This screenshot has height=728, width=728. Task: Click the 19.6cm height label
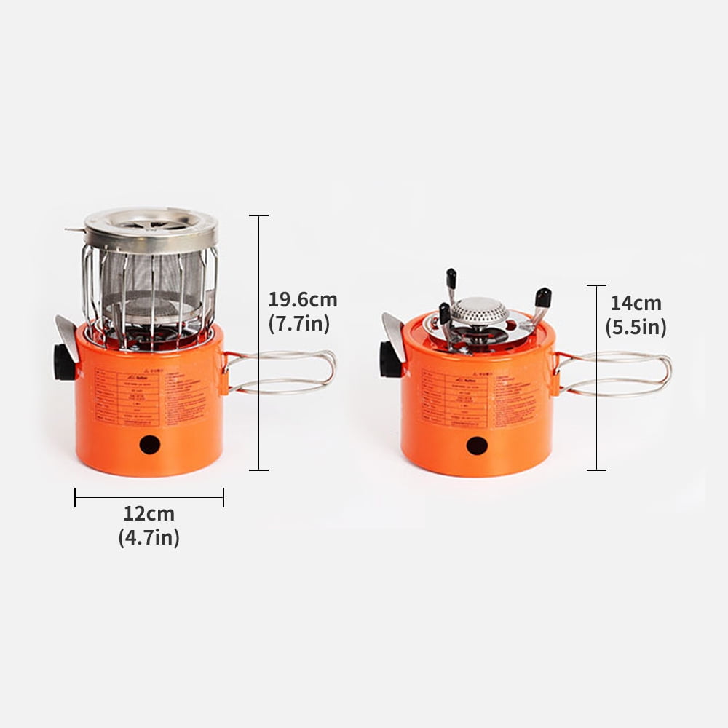[303, 300]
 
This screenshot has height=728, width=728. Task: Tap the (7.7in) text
[299, 324]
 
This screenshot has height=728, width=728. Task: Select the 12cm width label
[149, 513]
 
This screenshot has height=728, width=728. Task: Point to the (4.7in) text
[149, 538]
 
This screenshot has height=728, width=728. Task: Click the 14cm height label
[636, 303]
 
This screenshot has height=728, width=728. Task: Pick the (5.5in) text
[636, 328]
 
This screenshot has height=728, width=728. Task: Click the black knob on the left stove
[63, 362]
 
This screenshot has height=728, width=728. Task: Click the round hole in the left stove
[150, 444]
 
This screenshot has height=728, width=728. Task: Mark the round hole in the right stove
[477, 446]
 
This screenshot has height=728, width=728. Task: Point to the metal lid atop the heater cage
[151, 227]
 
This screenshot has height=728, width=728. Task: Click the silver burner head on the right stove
[479, 312]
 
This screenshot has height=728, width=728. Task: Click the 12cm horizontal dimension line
[149, 497]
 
